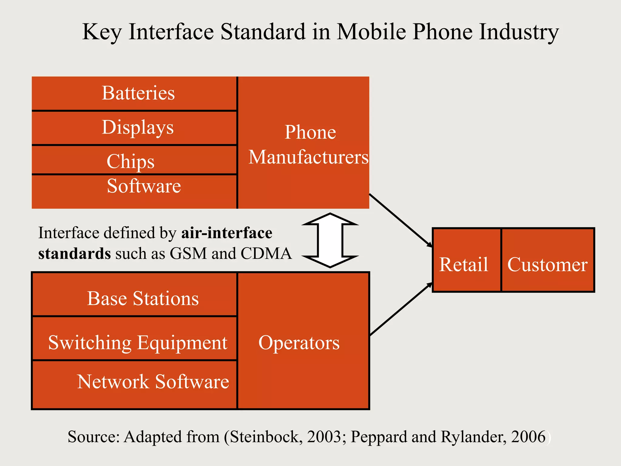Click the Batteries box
click(x=134, y=93)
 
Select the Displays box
click(x=134, y=128)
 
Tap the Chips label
click(x=131, y=161)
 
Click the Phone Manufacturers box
click(x=304, y=143)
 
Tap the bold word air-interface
click(x=227, y=233)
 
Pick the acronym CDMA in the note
click(x=266, y=253)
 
